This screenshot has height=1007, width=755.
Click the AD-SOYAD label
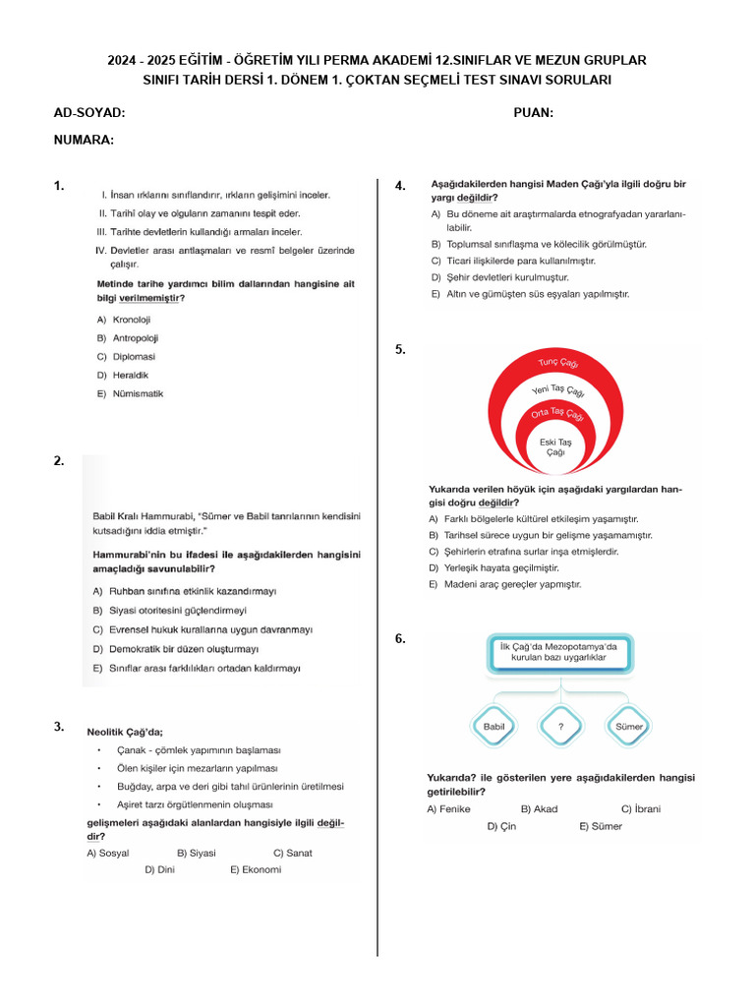pos(89,113)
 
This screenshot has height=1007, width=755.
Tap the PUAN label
pos(533,113)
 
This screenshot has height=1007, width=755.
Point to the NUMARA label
pos(84,140)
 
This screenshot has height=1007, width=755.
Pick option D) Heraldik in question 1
pos(124,375)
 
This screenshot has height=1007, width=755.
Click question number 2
pos(59,460)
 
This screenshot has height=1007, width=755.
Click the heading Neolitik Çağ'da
pos(125,732)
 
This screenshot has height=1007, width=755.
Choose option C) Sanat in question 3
pos(292,853)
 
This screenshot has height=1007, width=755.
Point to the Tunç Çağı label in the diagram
pos(558,364)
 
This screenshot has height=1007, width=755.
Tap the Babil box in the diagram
pos(494,727)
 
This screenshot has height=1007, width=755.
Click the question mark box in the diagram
pos(560,727)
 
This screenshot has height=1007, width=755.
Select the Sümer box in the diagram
pos(628,727)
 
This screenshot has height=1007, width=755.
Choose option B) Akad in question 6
pos(539,809)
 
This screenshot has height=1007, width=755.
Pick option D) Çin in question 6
pos(501,826)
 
